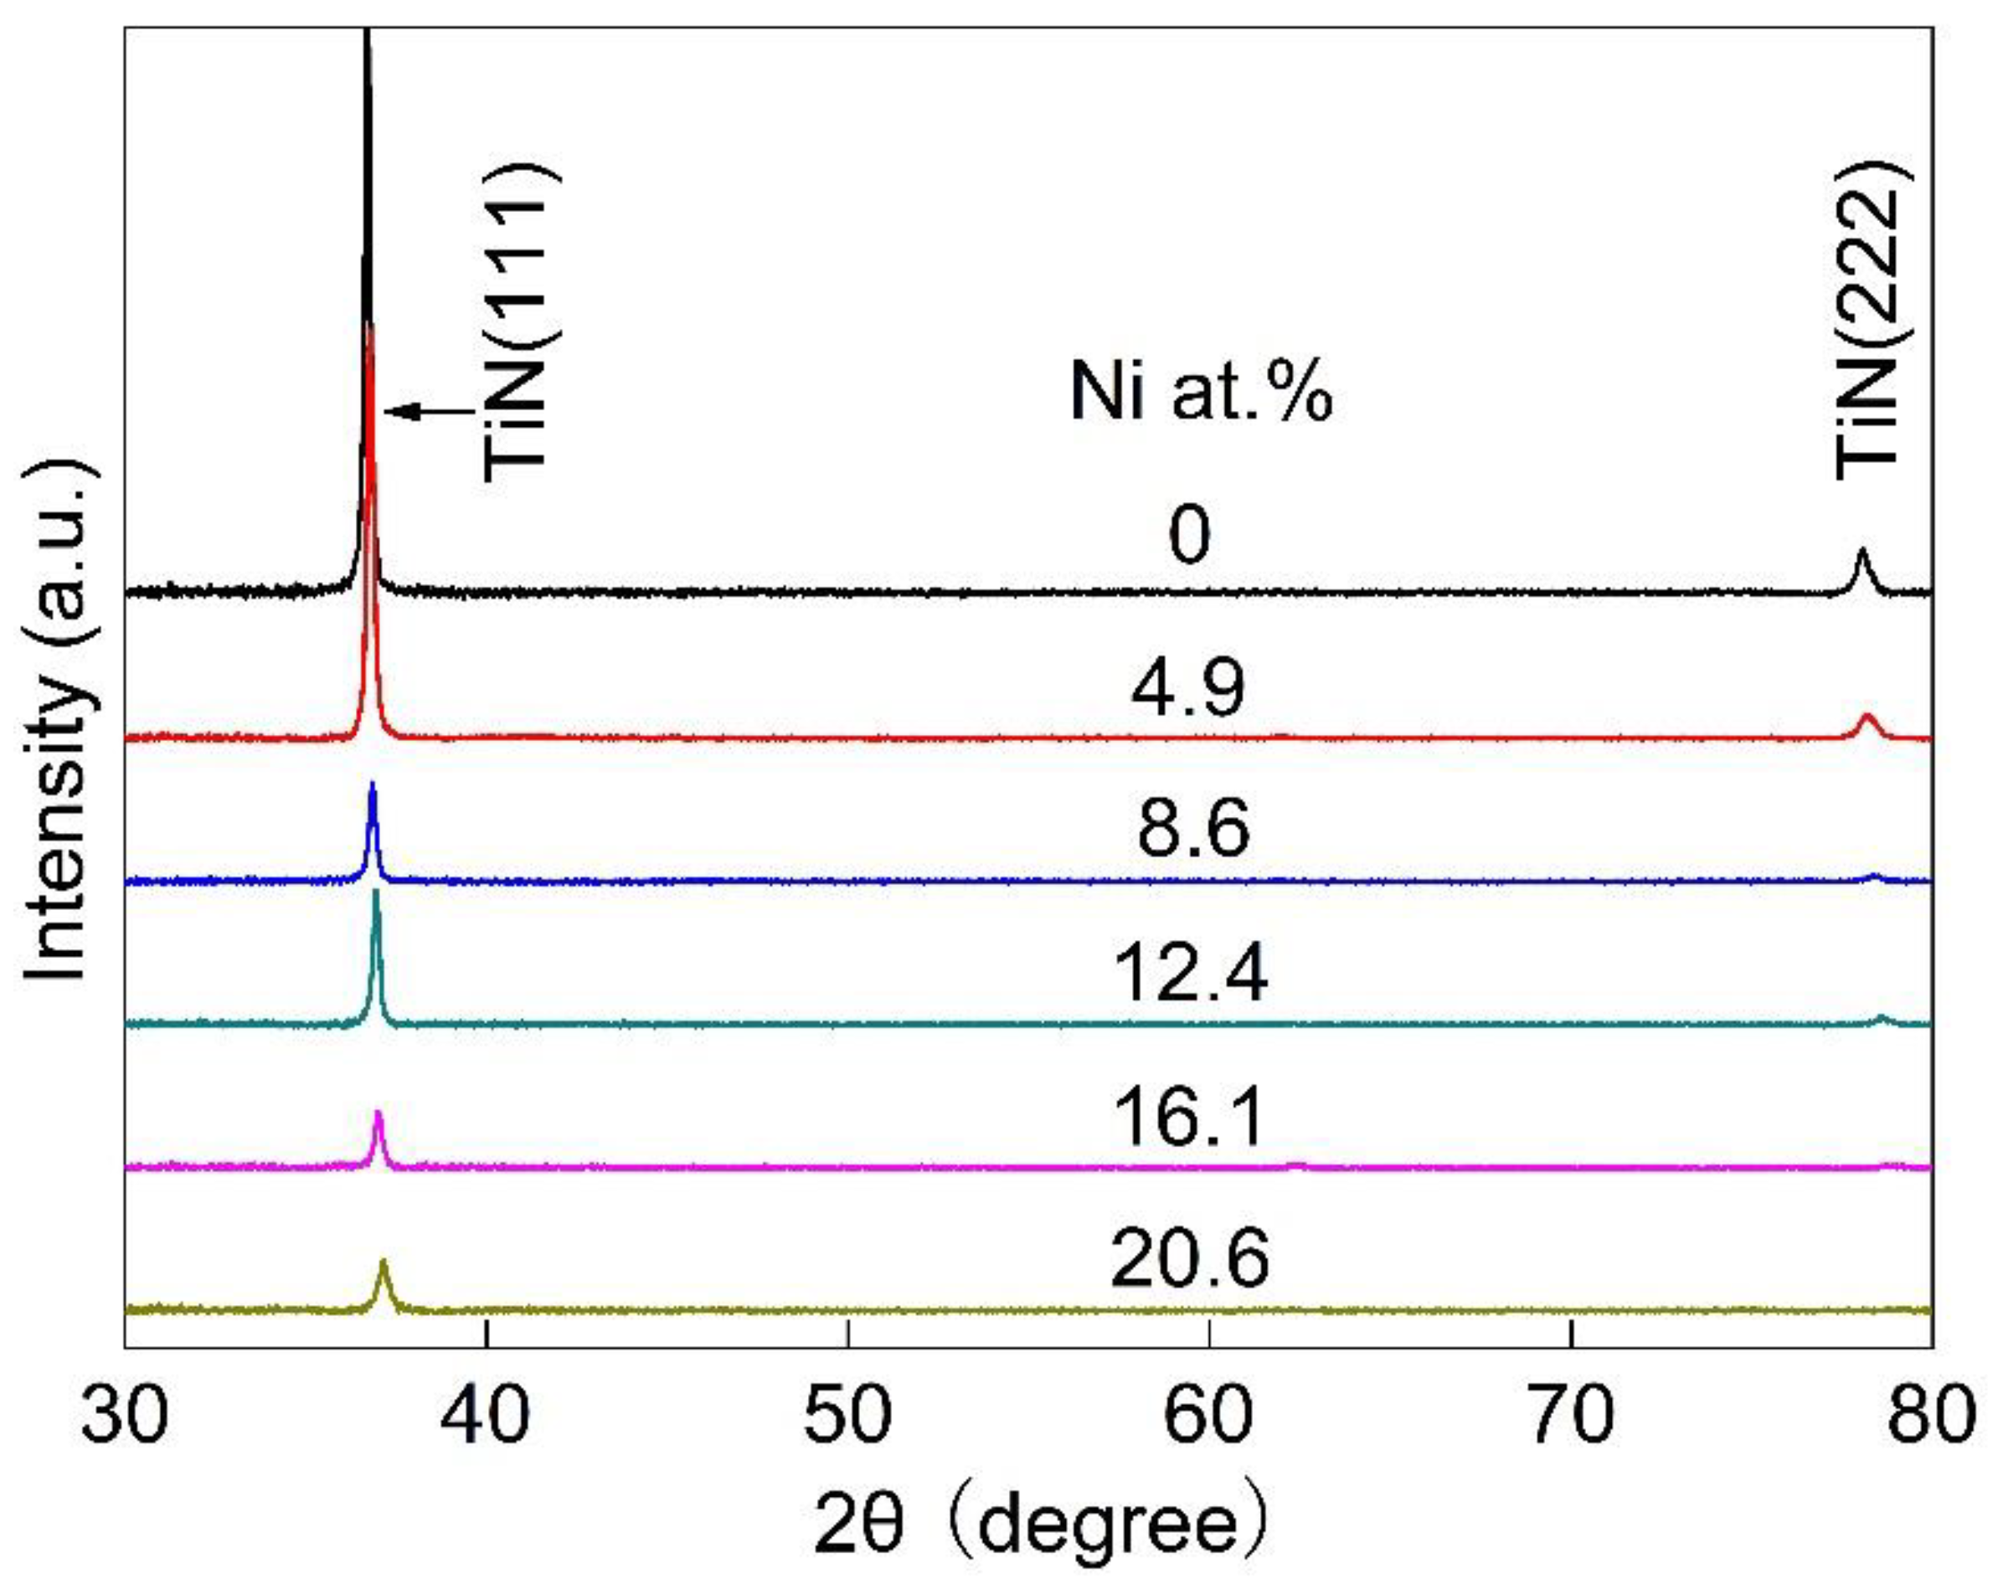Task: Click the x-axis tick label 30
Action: (x=125, y=1417)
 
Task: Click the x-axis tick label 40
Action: (x=487, y=1417)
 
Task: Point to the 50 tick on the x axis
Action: (x=848, y=1417)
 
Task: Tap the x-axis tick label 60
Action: (x=1209, y=1417)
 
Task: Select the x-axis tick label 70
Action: (x=1571, y=1417)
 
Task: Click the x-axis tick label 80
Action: (x=1932, y=1417)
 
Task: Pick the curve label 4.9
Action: (x=1189, y=688)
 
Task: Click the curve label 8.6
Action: (x=1193, y=829)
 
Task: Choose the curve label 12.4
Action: (x=1191, y=975)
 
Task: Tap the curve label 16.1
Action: (x=1191, y=1118)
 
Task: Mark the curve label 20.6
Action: (x=1191, y=1260)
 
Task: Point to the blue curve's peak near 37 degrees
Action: (x=373, y=787)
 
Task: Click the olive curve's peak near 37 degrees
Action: (x=382, y=1264)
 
